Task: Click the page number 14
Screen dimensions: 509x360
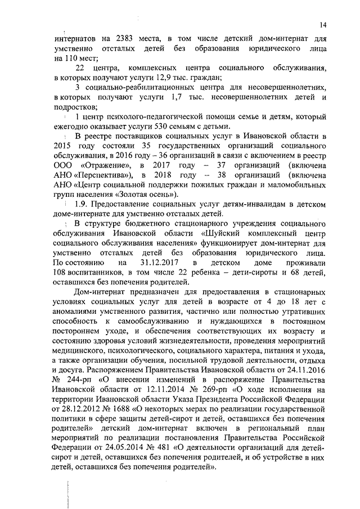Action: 322,24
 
